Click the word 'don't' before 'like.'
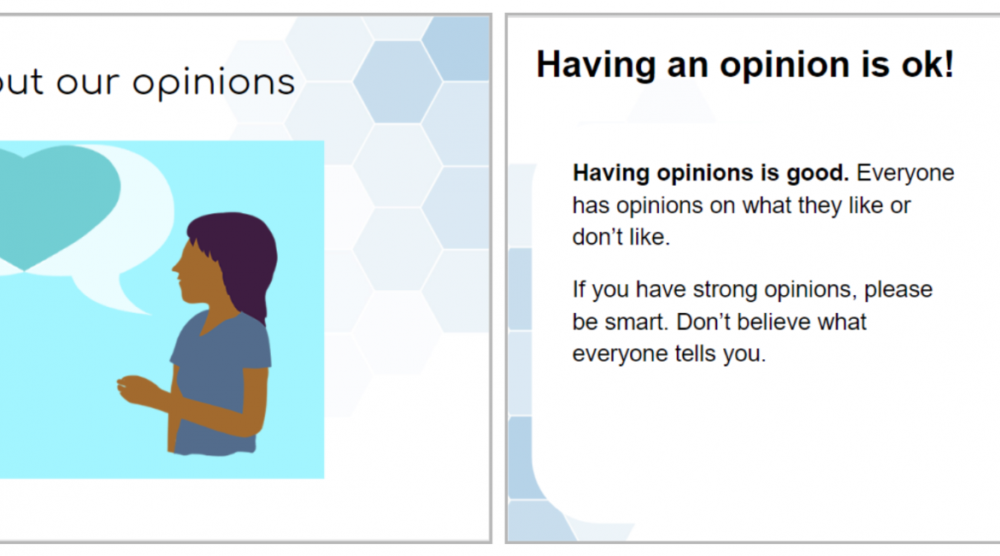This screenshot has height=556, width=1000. point(597,237)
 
